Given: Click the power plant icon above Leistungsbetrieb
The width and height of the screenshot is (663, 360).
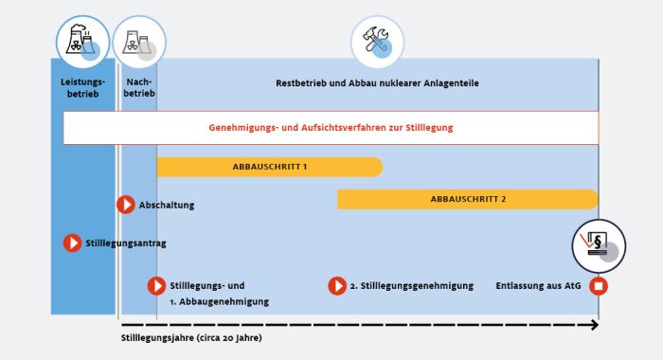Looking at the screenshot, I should click(x=82, y=40).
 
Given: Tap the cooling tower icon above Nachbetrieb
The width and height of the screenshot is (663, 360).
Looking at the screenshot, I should click(x=138, y=42).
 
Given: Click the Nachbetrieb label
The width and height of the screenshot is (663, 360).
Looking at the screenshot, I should click(x=138, y=88).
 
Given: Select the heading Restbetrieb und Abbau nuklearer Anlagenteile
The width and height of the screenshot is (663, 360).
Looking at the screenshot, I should click(x=377, y=83).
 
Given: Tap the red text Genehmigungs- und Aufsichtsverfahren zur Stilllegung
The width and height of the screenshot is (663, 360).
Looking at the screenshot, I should click(x=331, y=127).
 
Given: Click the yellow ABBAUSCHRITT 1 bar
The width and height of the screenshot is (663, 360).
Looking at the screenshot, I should click(x=269, y=167).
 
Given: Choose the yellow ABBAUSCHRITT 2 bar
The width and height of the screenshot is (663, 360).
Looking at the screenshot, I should click(x=468, y=199).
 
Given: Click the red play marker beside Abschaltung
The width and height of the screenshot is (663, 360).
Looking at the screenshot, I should click(x=126, y=205).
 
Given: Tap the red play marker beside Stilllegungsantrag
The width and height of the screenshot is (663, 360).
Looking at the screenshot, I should click(x=72, y=243).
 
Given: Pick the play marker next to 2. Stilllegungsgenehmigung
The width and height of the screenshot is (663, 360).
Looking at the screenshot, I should click(x=337, y=285).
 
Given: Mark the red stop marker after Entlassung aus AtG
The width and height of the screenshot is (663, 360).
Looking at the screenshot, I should click(x=599, y=285).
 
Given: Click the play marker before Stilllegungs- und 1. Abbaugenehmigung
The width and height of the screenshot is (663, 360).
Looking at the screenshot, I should click(x=157, y=285).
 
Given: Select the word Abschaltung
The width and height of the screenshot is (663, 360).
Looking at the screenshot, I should click(x=167, y=205).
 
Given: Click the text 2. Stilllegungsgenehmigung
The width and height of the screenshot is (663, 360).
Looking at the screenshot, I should click(x=411, y=285).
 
